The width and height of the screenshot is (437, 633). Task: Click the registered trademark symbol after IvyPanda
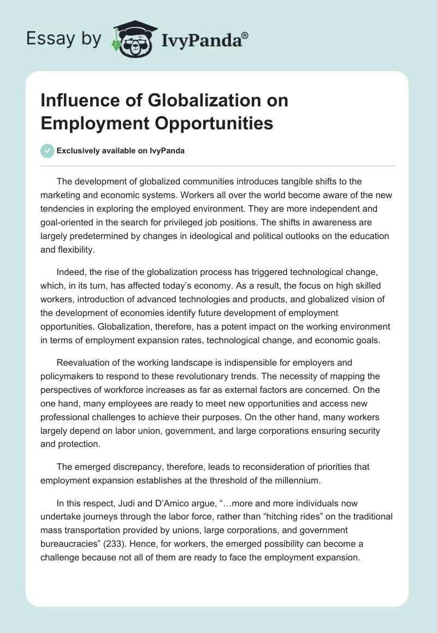point(245,35)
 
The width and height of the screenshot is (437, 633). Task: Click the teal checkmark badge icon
point(48,151)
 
